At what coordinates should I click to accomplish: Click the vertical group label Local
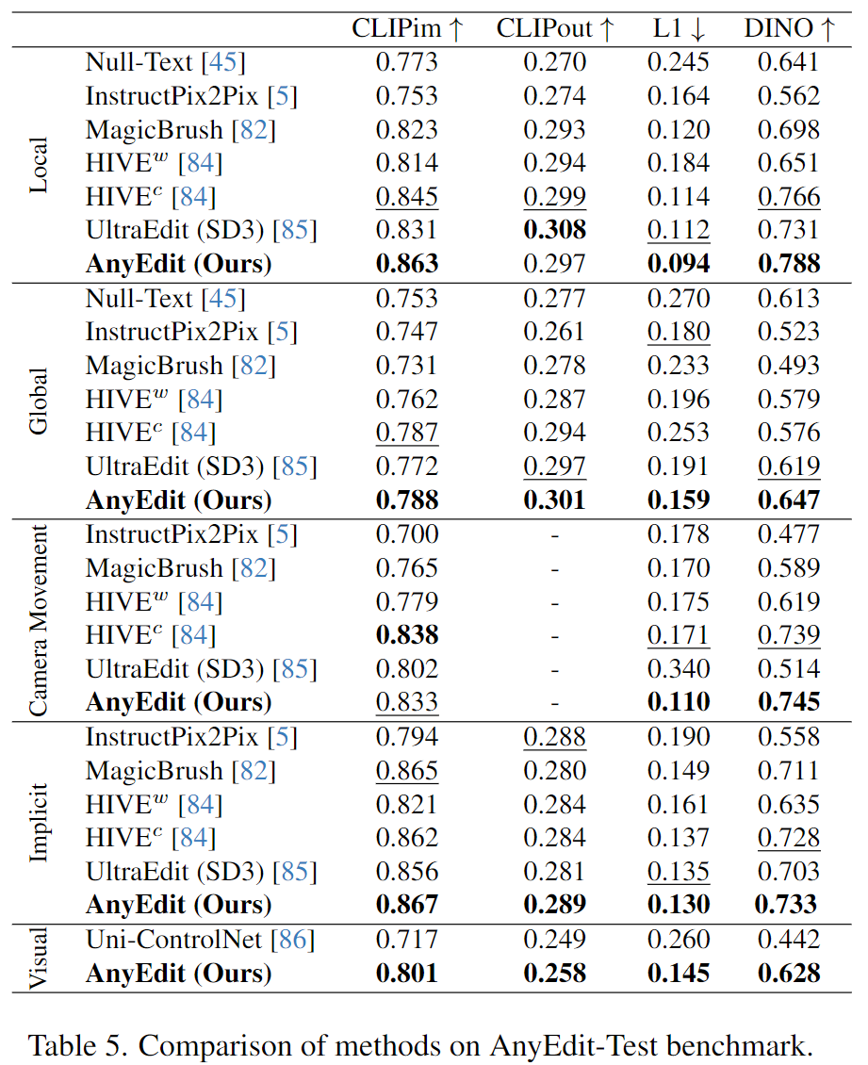39,164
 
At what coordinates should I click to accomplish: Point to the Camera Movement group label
39,618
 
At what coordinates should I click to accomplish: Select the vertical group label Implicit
39,821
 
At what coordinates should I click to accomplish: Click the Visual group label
39,957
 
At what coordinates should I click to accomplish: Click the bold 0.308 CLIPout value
554,230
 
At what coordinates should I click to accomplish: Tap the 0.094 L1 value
678,264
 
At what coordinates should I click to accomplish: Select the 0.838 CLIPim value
407,635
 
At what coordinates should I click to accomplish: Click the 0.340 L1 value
678,669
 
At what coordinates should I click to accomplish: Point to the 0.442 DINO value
789,940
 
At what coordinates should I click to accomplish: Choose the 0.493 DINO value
789,366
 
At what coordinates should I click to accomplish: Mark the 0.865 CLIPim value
407,771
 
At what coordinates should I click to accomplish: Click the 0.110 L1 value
678,702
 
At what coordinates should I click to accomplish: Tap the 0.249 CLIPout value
554,940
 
